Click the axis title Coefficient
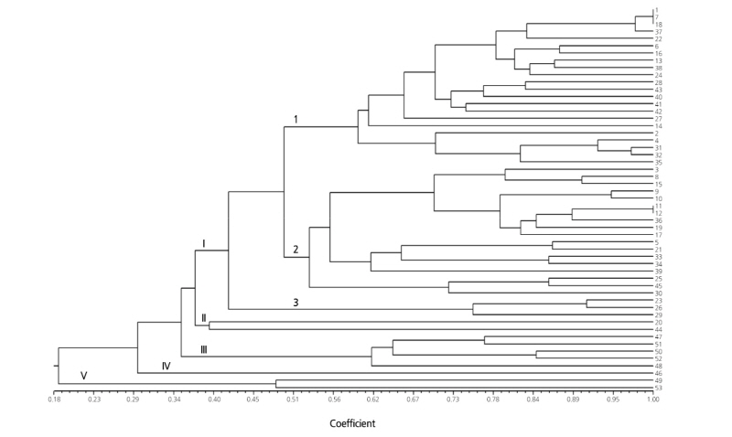pyautogui.click(x=352, y=423)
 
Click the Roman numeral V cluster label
pyautogui.click(x=83, y=376)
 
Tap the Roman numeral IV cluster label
pyautogui.click(x=166, y=366)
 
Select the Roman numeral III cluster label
pyautogui.click(x=205, y=348)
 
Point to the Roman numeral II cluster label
pyautogui.click(x=204, y=317)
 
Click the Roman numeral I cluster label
pyautogui.click(x=203, y=243)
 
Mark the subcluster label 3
pyautogui.click(x=296, y=303)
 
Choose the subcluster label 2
pyautogui.click(x=296, y=250)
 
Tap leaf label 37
pyautogui.click(x=658, y=32)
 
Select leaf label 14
pyautogui.click(x=658, y=126)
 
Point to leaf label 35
pyautogui.click(x=658, y=162)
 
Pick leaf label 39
pyautogui.click(x=658, y=272)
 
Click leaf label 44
pyautogui.click(x=658, y=329)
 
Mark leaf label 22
pyautogui.click(x=658, y=38)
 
